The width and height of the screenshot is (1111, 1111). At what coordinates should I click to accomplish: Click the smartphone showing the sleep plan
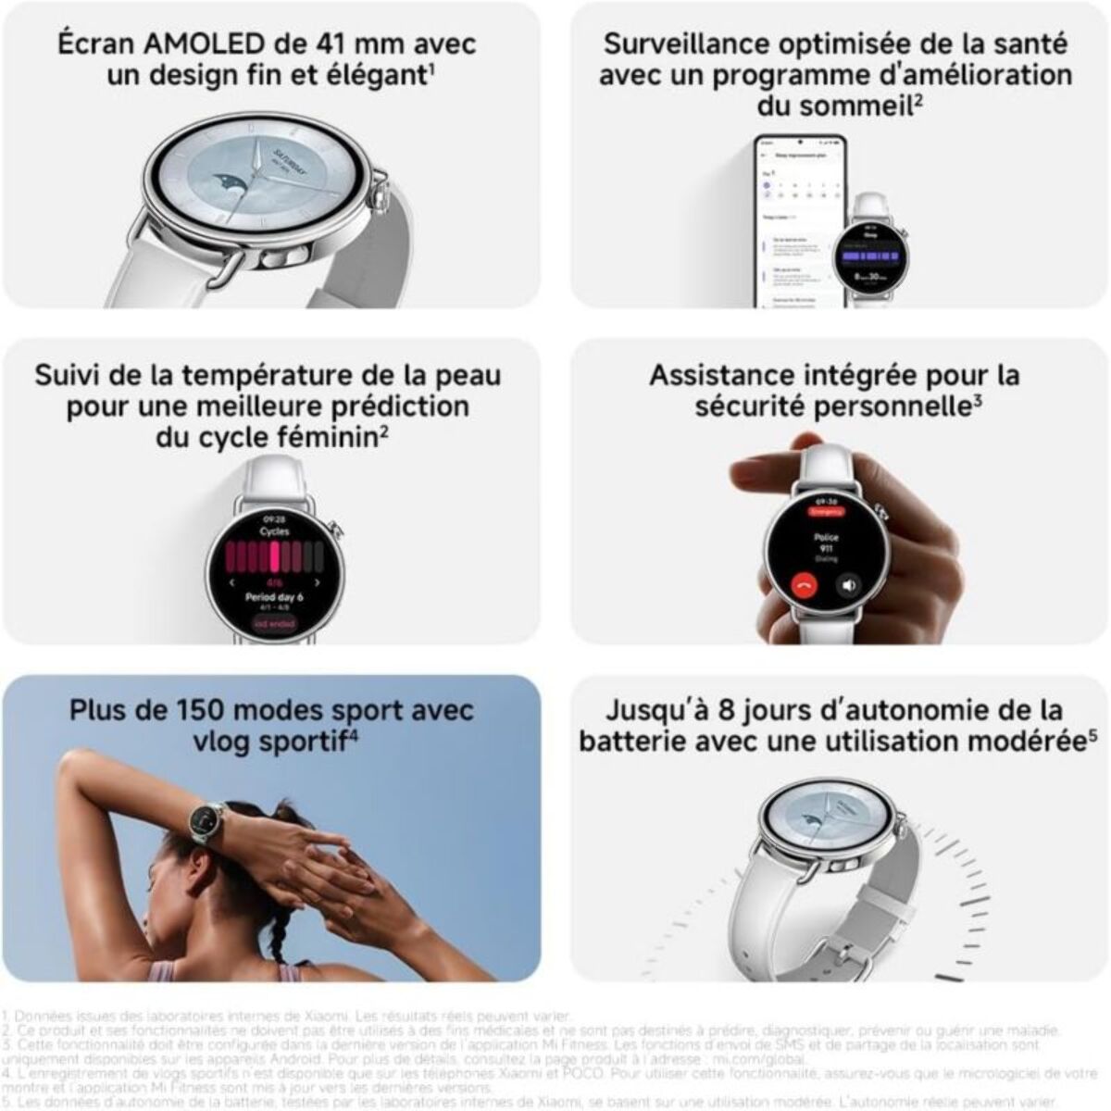point(798,222)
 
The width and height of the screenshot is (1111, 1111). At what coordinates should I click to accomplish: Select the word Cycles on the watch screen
point(274,531)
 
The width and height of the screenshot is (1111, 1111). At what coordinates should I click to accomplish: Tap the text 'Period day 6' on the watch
point(274,597)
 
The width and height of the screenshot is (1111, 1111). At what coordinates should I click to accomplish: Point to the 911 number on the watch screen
point(826,548)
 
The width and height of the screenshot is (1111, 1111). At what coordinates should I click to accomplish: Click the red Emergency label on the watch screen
point(826,511)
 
